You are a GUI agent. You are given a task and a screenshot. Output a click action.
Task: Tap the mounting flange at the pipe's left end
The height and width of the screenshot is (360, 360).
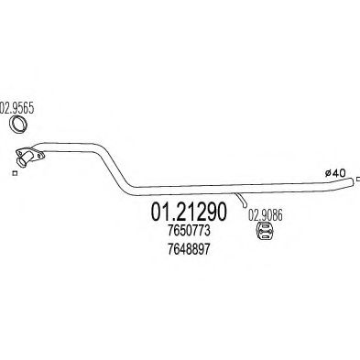[27, 157]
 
